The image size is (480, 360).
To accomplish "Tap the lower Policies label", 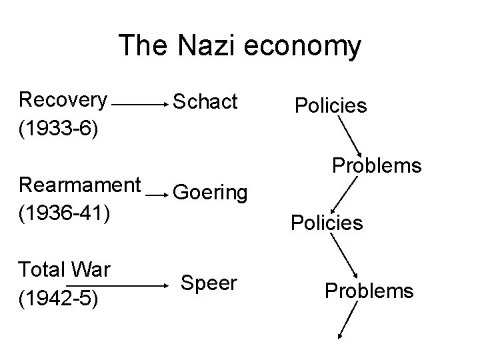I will click(327, 222).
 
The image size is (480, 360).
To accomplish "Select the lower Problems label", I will click(369, 291).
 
